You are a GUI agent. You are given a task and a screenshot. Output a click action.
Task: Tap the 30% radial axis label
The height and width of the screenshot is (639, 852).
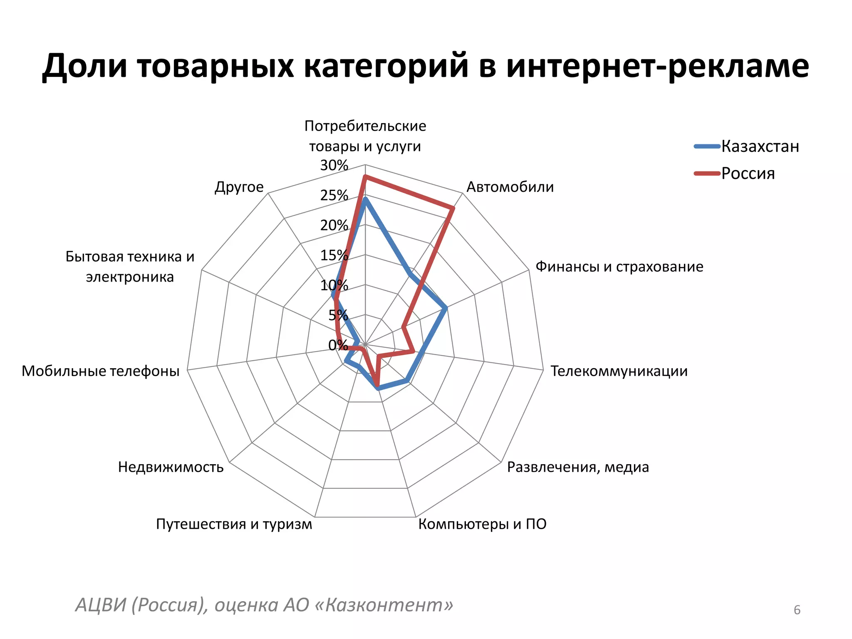pos(334,166)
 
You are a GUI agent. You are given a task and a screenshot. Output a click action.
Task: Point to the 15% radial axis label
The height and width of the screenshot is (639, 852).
pos(334,255)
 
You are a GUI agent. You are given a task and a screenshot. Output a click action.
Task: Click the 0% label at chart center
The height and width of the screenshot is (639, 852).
pos(337,345)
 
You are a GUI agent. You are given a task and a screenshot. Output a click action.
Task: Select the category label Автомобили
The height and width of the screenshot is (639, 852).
pos(510,187)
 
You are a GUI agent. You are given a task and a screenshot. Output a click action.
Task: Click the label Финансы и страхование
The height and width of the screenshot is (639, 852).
pos(619,267)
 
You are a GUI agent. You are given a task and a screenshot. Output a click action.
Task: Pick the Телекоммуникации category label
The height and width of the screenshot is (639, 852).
pos(619,371)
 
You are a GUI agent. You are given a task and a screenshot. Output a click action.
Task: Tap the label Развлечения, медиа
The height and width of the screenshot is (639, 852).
pos(578,467)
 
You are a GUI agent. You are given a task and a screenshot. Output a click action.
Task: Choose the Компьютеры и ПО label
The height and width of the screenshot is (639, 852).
pos(482,524)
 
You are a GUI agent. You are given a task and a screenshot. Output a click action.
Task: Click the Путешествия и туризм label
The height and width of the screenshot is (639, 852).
pos(234,524)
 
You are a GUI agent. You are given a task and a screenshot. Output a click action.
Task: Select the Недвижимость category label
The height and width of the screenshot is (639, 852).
pos(171,467)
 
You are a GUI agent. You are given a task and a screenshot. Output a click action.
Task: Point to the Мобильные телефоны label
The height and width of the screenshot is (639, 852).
pos(100,371)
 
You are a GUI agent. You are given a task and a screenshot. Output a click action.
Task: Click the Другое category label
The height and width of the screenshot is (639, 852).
pos(239,187)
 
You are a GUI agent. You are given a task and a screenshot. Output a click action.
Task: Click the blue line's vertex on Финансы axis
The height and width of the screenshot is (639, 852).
pos(446,308)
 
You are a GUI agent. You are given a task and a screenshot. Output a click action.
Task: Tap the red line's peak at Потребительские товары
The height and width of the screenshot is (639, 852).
pos(365,177)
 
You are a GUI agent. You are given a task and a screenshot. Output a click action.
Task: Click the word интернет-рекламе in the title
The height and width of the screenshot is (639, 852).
pos(657,67)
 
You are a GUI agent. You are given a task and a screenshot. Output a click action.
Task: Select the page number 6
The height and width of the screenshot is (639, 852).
pos(797,610)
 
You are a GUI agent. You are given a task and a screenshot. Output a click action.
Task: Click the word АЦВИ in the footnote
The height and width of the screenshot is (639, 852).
pos(100,604)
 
